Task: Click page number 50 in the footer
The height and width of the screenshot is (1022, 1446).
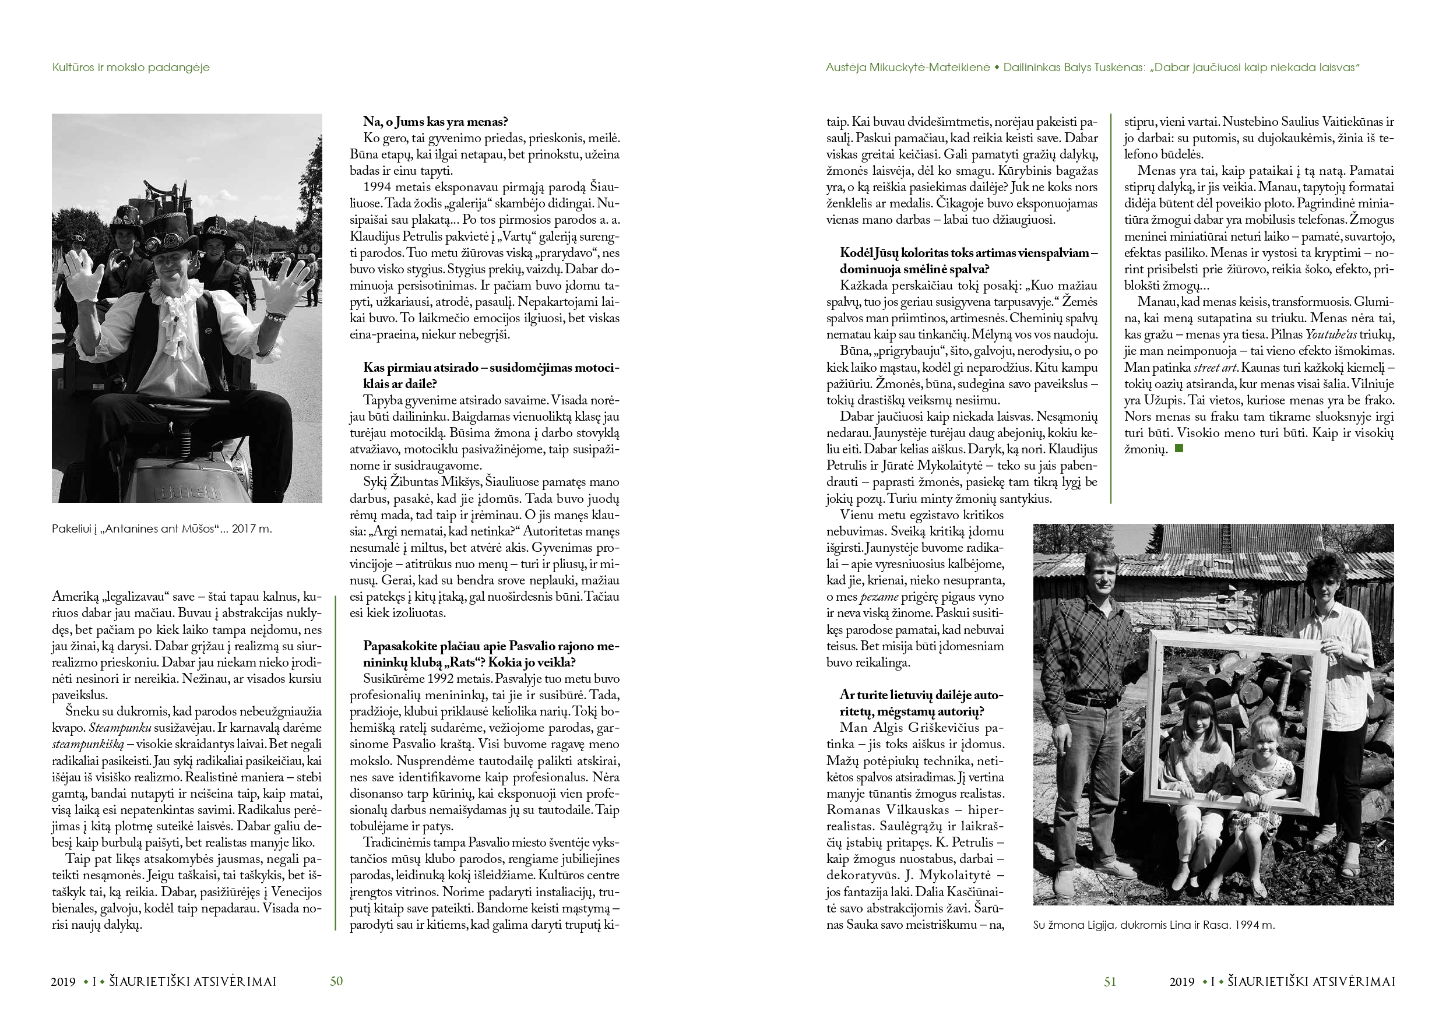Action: (x=336, y=981)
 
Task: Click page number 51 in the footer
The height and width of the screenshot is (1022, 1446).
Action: (x=1110, y=981)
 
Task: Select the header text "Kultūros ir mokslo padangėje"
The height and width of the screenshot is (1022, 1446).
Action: (x=131, y=68)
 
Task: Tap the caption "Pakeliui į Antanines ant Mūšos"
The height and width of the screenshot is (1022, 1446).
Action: (x=162, y=529)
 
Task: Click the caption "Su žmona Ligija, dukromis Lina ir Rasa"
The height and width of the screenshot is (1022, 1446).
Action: (x=1154, y=925)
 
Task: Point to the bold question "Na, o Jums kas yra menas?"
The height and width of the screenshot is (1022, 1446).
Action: (x=435, y=122)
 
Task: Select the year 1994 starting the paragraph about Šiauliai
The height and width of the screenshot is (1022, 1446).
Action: (x=377, y=187)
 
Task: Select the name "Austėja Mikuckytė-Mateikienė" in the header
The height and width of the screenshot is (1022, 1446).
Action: (x=907, y=68)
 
